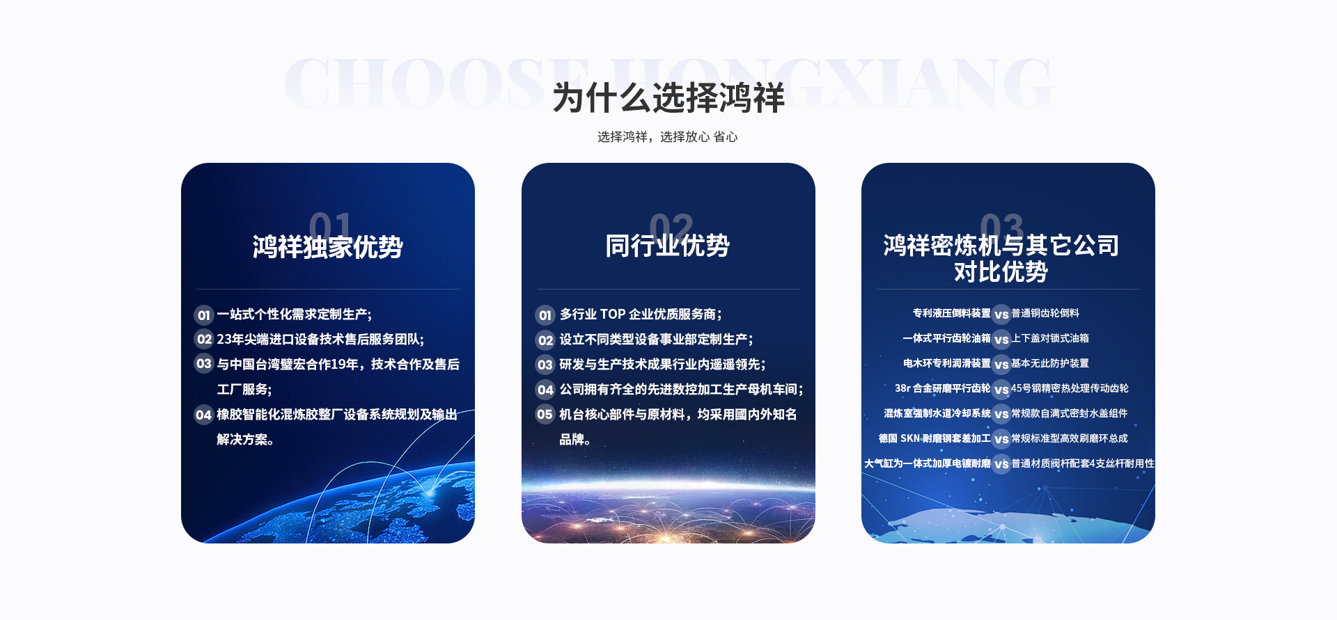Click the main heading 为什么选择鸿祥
668,97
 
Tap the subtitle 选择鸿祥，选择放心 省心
667,137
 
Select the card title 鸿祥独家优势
327,247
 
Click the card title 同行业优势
667,246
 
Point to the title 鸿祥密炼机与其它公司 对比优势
1001,258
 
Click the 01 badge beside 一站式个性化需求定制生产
203,315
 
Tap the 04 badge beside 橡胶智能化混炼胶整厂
203,415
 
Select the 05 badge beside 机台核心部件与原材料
545,415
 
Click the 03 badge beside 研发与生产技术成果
545,365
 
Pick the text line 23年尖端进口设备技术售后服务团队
320,340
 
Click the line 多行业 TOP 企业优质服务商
641,315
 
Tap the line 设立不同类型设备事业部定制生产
657,340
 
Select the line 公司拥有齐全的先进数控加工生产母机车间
682,390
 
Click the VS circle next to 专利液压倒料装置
1001,315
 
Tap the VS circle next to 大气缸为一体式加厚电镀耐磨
1001,464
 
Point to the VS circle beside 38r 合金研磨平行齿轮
1001,390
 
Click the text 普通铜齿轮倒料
1045,313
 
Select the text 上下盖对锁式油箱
1050,338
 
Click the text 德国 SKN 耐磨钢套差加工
935,438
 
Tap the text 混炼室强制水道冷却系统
937,413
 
